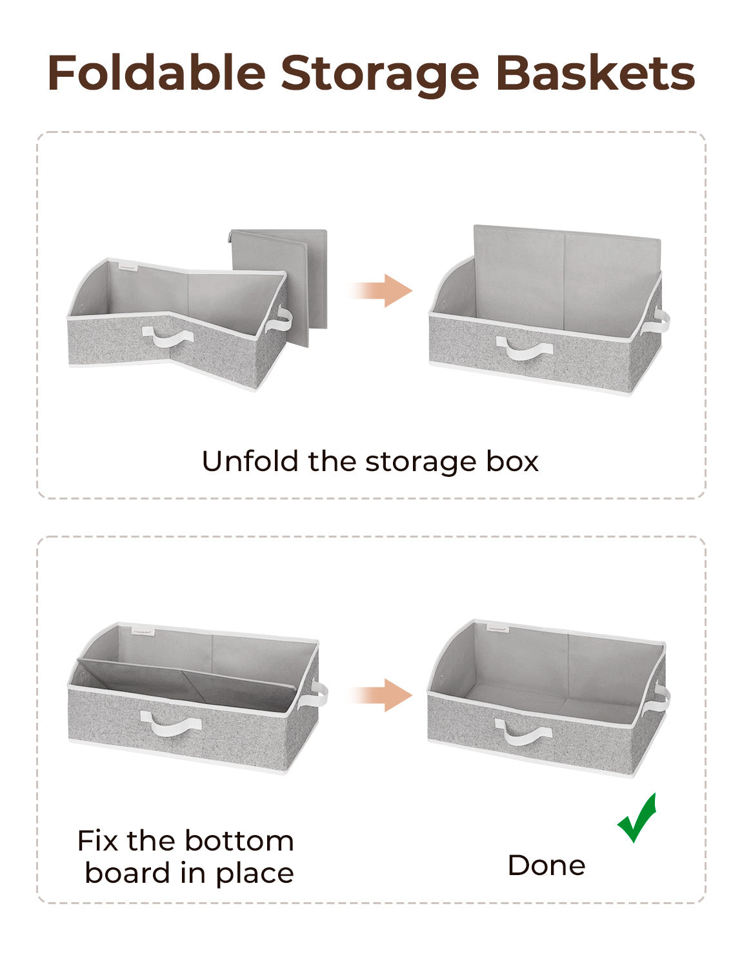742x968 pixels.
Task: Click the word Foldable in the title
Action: pos(157,74)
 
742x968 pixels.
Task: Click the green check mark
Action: pos(637,818)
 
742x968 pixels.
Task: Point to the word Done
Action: pos(546,865)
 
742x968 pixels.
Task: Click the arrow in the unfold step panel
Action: pos(382,290)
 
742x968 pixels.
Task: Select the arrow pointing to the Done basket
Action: pos(382,695)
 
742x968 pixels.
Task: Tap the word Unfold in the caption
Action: pos(250,461)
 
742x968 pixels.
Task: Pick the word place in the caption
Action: pos(254,874)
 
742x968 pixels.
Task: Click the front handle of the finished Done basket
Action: pos(523,732)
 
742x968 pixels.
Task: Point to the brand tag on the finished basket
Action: pos(497,628)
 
